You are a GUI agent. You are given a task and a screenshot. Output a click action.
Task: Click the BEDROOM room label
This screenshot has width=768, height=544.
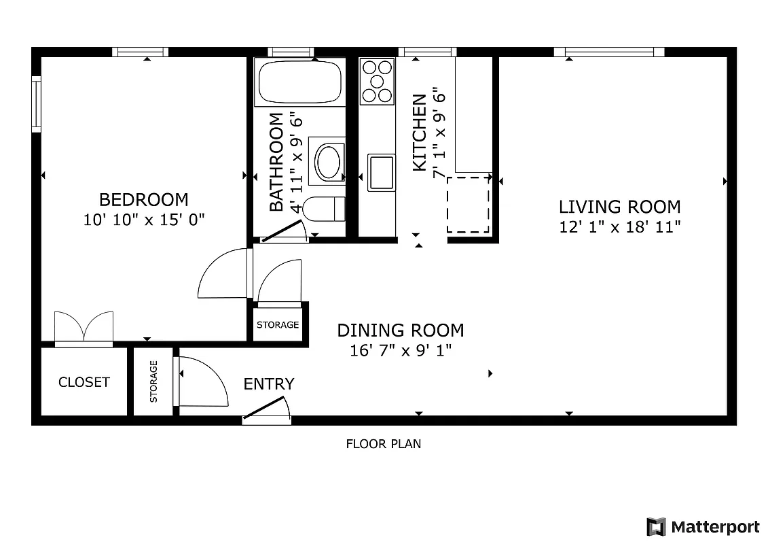[x=143, y=200]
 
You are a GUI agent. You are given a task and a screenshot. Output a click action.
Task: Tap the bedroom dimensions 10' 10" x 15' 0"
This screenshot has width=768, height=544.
[x=143, y=220]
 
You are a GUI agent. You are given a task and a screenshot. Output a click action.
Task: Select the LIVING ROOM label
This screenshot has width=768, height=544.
[x=619, y=207]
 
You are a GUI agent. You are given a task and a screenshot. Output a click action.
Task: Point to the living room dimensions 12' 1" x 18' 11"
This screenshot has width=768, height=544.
[x=619, y=227]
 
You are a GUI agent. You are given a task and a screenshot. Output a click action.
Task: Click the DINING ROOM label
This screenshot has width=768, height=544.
[x=401, y=330]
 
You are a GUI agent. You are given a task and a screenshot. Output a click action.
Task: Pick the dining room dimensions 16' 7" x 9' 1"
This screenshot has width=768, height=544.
[x=401, y=351]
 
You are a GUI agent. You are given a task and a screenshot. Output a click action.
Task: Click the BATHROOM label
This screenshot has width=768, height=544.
[x=276, y=162]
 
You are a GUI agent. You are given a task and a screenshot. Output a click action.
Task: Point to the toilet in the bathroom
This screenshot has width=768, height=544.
[x=324, y=209]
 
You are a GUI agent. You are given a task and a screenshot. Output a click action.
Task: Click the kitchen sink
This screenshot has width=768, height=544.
[x=381, y=173]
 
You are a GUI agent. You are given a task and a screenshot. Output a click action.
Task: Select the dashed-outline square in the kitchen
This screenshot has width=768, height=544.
[x=469, y=205]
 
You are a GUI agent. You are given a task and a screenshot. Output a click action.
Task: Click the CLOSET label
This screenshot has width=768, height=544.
[x=84, y=382]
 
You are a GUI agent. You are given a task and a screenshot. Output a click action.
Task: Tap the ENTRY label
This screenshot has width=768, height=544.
[x=269, y=384]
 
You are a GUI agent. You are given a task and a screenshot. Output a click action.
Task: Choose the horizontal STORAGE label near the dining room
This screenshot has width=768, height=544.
[x=278, y=325]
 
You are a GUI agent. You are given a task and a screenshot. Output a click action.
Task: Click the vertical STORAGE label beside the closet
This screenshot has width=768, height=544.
[x=153, y=381]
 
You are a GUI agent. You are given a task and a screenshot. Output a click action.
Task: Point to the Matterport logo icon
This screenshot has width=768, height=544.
[x=655, y=527]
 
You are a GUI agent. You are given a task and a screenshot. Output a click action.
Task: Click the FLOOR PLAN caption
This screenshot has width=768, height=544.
[x=384, y=444]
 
